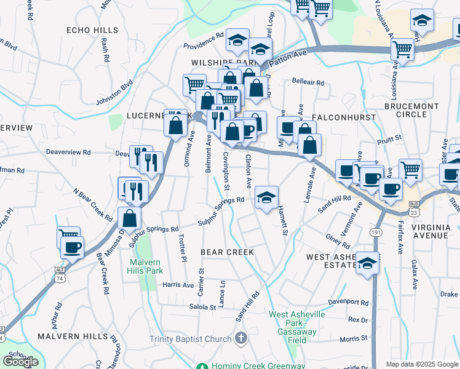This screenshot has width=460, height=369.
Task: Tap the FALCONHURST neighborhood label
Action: point(339,116)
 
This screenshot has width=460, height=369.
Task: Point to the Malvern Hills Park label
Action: point(145,265)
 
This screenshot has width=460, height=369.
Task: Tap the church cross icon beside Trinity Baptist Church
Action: point(241,338)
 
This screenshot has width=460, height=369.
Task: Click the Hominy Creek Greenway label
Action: point(258,365)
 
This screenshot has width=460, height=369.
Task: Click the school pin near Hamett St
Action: point(266,198)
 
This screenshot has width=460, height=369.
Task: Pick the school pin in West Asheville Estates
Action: point(367,263)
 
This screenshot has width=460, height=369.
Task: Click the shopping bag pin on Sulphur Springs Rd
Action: point(130,218)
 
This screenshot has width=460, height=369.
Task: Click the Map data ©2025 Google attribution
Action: point(422,364)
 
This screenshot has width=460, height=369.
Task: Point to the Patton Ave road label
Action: point(287,58)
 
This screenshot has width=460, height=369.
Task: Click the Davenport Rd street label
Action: point(347,303)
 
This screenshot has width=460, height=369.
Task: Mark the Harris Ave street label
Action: point(178,285)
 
